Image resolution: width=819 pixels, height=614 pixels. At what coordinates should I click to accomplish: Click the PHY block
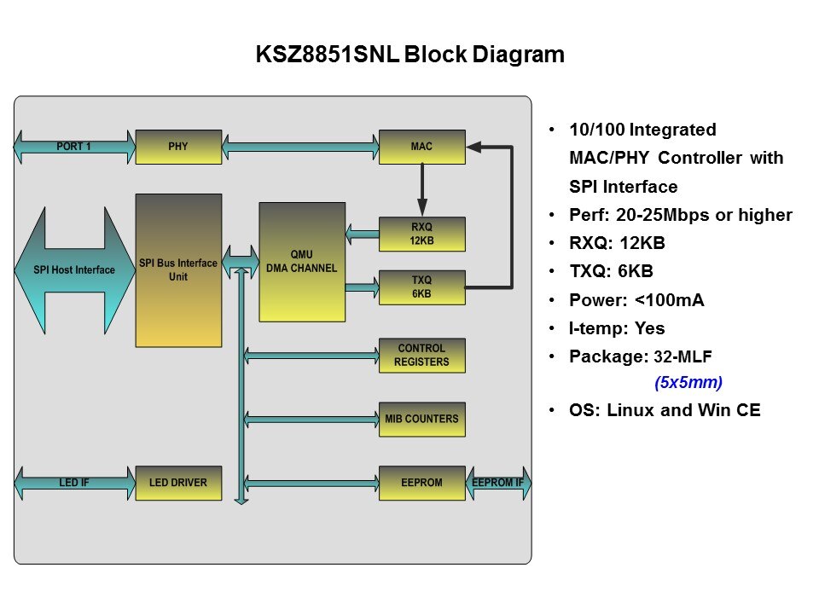(178, 147)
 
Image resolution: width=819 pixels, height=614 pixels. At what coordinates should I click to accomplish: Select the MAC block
(421, 147)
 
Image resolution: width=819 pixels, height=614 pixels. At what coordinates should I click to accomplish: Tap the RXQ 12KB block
(421, 235)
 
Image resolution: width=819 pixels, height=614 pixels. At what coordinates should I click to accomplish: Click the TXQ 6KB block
(421, 287)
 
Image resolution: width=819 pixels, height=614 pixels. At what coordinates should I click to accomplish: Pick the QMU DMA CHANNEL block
(302, 262)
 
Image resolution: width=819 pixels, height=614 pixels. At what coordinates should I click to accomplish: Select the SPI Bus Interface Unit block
(178, 270)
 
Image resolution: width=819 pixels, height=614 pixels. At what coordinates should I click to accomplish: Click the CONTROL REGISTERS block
(421, 356)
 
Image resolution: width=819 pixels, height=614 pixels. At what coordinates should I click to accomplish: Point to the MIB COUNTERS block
(421, 419)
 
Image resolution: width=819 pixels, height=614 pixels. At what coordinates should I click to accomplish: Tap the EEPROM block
(421, 483)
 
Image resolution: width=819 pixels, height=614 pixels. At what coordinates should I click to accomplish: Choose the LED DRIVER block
(178, 483)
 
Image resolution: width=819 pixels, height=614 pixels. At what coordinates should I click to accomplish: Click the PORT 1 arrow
(74, 147)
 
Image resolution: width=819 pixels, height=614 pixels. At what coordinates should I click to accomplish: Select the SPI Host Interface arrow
(75, 270)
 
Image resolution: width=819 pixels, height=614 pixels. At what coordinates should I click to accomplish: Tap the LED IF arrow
(74, 484)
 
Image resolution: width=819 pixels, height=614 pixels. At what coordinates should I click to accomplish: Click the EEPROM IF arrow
(498, 484)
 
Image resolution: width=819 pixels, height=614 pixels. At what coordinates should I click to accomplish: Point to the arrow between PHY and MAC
(299, 147)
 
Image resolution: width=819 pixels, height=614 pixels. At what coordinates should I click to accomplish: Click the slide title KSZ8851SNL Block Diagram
(410, 55)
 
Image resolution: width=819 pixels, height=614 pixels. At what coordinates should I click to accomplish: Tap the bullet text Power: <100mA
(636, 300)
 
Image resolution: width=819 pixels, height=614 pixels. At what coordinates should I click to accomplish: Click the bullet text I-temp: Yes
(617, 328)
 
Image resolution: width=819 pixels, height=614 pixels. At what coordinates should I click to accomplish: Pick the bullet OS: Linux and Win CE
(665, 410)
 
